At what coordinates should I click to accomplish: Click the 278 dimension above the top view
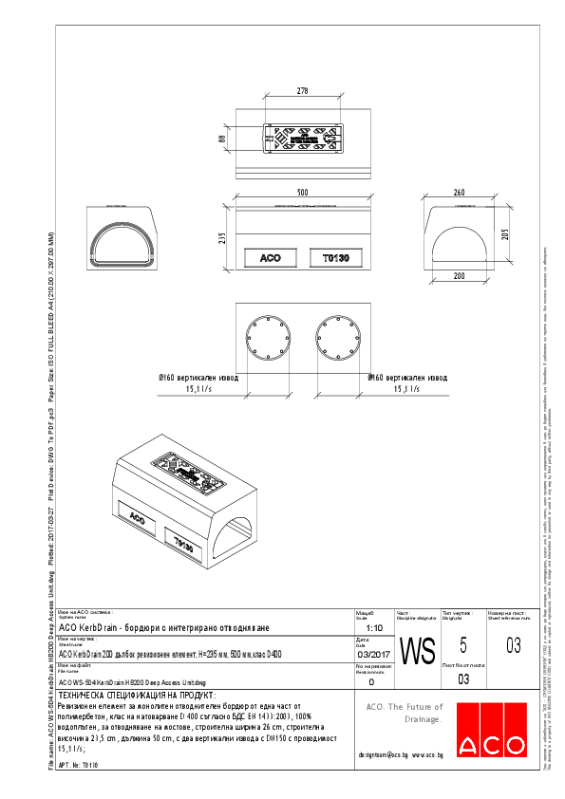tap(302, 92)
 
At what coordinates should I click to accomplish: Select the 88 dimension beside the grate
tap(222, 139)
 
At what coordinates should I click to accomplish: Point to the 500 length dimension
tap(302, 193)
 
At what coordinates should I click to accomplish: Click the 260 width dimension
tap(460, 193)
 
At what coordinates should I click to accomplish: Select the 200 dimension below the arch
tap(460, 276)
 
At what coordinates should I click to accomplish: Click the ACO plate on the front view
tap(270, 258)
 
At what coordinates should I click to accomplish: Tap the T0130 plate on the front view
tap(336, 258)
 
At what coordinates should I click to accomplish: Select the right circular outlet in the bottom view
tap(339, 341)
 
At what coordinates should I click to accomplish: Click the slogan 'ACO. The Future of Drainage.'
tap(405, 713)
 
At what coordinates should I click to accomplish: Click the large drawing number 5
tap(461, 645)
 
